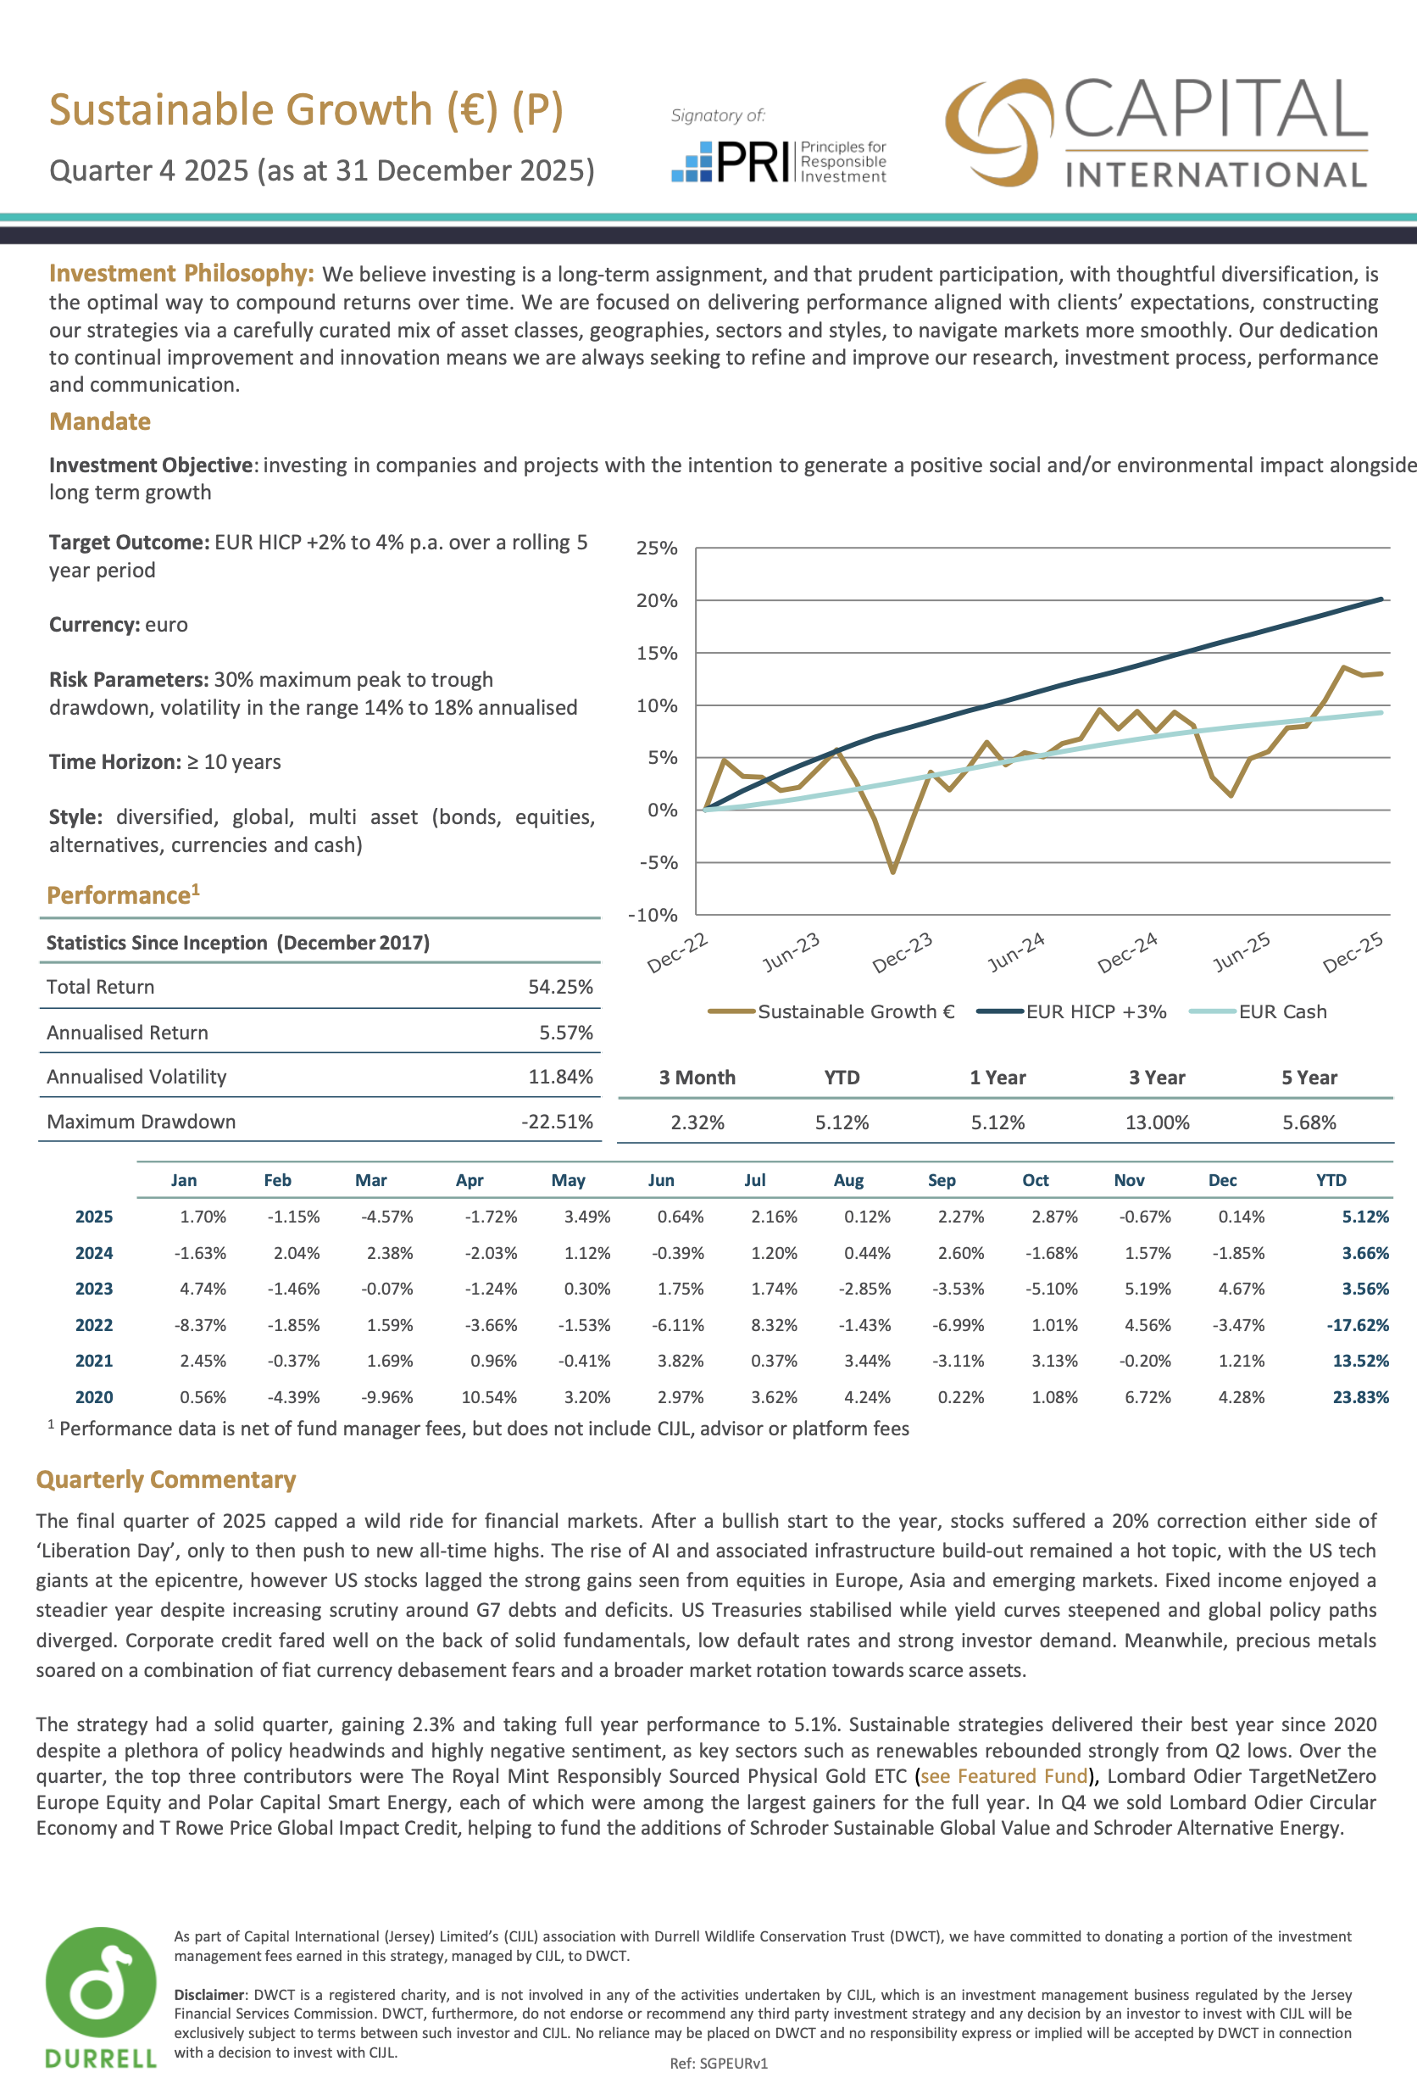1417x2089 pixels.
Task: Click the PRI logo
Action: [777, 161]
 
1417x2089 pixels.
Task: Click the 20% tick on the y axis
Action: [656, 600]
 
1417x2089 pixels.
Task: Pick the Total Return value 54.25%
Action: [560, 987]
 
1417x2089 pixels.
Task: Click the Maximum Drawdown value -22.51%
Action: [557, 1122]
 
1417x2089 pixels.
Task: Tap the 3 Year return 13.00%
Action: [1158, 1122]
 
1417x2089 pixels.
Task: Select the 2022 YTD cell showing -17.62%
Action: [1358, 1325]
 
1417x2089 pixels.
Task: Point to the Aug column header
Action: [848, 1180]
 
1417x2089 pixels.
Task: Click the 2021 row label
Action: [94, 1361]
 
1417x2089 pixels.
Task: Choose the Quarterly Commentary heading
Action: [166, 1479]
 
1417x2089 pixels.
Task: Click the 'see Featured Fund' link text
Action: [1003, 1776]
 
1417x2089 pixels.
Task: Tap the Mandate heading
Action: [100, 421]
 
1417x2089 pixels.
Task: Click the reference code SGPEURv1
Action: [719, 2064]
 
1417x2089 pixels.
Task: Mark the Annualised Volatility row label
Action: [136, 1077]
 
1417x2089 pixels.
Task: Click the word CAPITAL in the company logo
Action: [1214, 109]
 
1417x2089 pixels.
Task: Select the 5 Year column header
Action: [1309, 1078]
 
